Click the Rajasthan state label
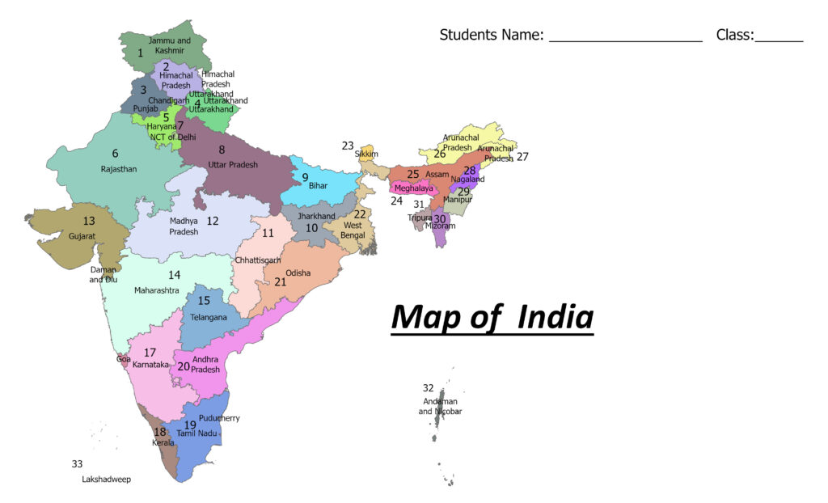pos(119,169)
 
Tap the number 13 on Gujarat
pos(89,221)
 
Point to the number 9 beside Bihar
pos(305,177)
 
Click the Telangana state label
pos(209,317)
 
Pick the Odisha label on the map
pos(298,273)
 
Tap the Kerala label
pos(163,442)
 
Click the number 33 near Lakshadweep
pos(77,464)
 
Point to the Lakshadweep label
pos(106,479)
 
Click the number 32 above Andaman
pos(428,388)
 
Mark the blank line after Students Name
pos(625,37)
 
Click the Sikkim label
pos(366,154)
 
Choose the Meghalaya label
pos(413,188)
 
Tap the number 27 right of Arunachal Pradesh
pos(522,157)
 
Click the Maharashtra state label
pos(157,290)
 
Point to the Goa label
pos(123,358)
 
